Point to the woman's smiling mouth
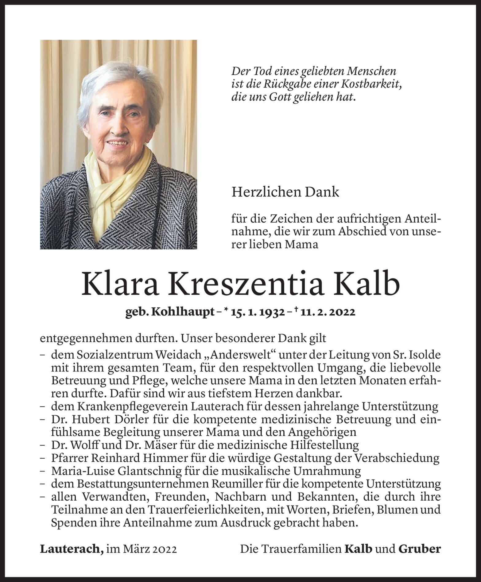click(117, 143)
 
